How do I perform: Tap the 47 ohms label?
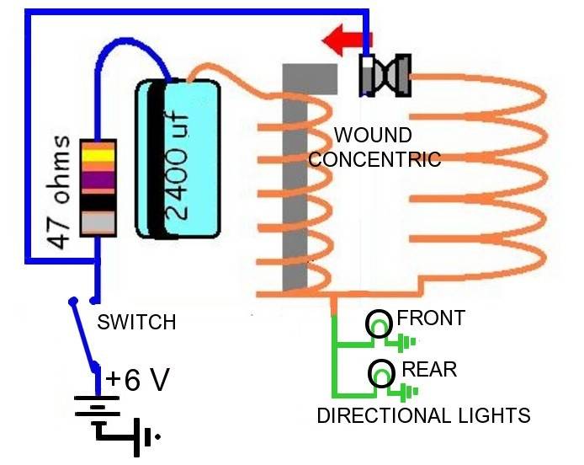[58, 190]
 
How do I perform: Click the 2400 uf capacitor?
[176, 160]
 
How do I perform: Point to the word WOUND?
[373, 135]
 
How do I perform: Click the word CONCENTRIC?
[374, 158]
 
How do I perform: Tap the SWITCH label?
[136, 322]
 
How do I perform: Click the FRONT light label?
[430, 318]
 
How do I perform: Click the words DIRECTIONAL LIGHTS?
[423, 415]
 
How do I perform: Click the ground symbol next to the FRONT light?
[407, 342]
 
